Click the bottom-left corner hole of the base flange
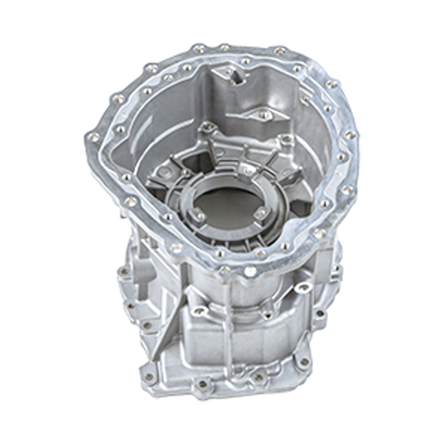pyautogui.click(x=149, y=377)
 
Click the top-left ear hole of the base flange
pyautogui.click(x=123, y=272)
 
